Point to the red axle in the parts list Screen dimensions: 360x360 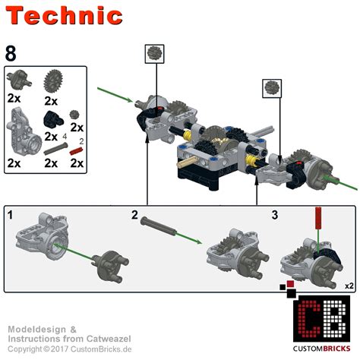(x=77, y=152)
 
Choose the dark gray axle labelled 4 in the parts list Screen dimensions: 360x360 (x=53, y=150)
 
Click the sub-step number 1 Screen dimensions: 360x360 (x=10, y=216)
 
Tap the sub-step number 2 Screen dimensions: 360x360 (x=134, y=215)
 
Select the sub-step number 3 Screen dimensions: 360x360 (x=275, y=215)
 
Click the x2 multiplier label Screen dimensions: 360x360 (x=349, y=286)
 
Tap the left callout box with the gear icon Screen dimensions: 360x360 (x=155, y=54)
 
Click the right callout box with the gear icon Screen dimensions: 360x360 (x=271, y=87)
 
